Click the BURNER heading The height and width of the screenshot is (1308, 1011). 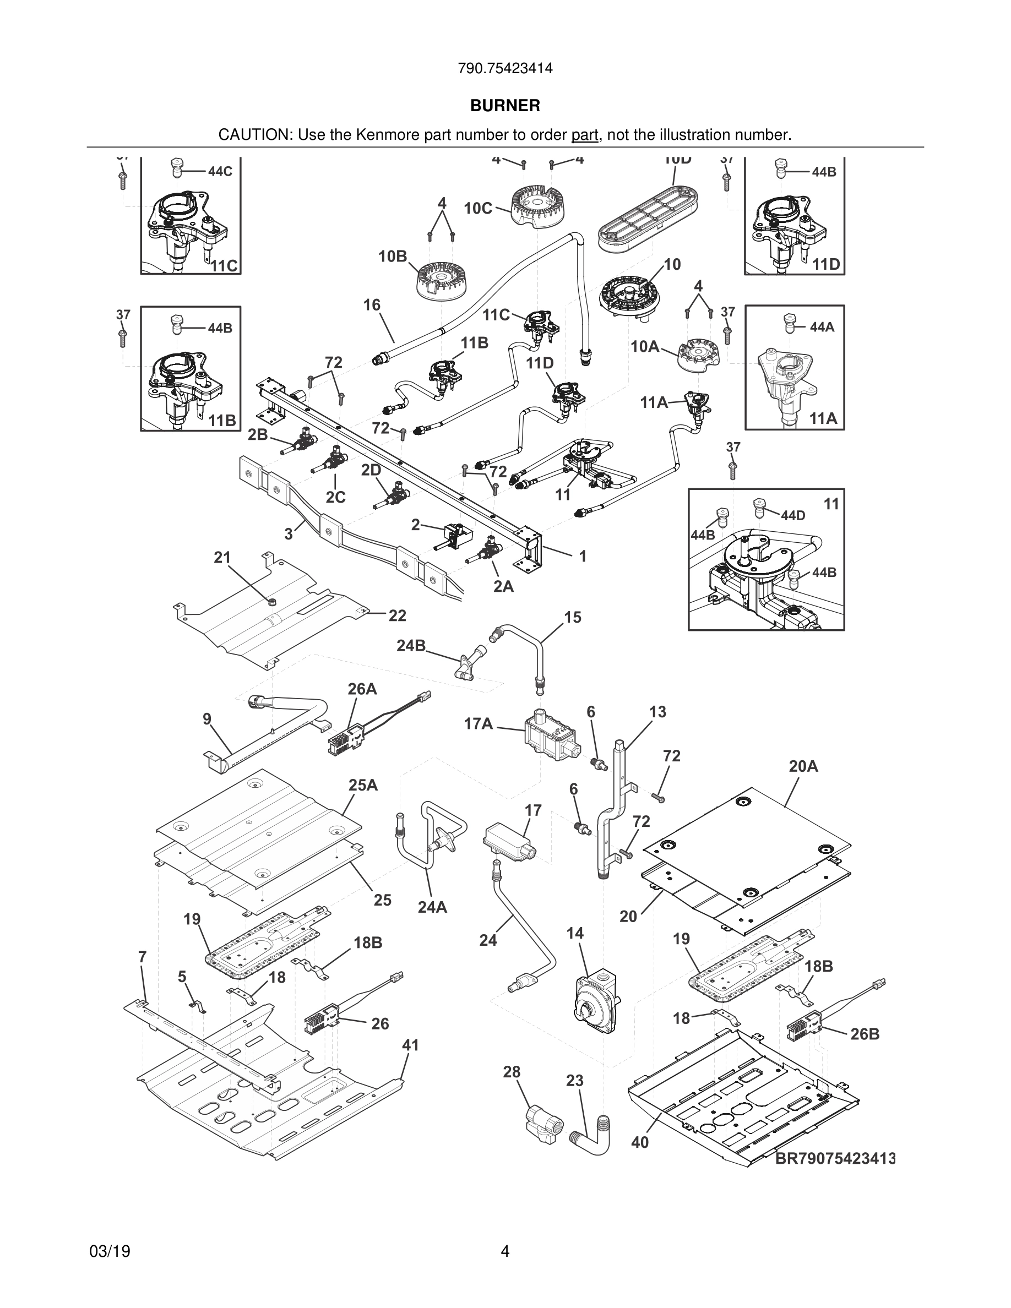click(x=505, y=106)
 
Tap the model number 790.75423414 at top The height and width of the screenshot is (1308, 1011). click(x=505, y=69)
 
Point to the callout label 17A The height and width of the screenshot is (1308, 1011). click(x=479, y=724)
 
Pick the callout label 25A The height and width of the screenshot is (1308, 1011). click(x=363, y=785)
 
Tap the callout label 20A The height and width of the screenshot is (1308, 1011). click(x=803, y=767)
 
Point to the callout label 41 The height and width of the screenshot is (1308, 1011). click(x=410, y=1045)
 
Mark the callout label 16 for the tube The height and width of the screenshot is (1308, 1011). click(x=372, y=306)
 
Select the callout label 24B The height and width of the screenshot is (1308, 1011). click(x=411, y=646)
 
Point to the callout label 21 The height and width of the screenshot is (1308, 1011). click(x=222, y=558)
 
